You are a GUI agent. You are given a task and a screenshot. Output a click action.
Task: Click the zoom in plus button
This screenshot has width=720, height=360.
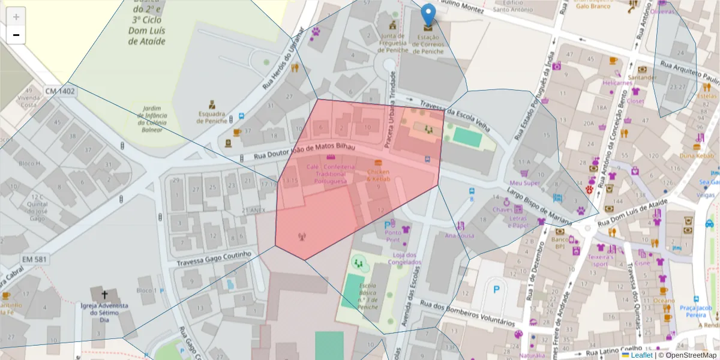click(16, 17)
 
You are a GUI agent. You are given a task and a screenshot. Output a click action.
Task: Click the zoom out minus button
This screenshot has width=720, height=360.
click(16, 35)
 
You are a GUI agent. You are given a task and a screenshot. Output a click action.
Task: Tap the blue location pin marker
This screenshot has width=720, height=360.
click(428, 16)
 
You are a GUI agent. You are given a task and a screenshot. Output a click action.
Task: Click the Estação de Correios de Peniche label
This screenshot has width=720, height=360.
click(428, 44)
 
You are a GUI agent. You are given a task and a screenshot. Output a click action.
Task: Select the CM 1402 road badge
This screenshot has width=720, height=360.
click(60, 91)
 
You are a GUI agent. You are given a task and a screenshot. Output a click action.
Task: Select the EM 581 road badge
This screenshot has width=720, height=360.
click(35, 259)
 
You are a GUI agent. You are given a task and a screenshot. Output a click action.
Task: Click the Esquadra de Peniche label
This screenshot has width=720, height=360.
click(212, 117)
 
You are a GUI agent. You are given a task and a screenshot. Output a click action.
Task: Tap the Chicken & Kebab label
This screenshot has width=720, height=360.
click(379, 176)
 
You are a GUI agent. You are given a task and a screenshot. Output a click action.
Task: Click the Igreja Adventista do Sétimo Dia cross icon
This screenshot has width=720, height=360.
click(105, 295)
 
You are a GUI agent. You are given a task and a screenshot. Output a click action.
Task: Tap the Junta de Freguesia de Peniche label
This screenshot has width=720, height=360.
click(394, 43)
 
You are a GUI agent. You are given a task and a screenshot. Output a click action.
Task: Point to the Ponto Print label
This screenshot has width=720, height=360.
click(393, 236)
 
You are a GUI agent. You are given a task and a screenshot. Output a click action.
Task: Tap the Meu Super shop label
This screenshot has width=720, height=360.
click(524, 182)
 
